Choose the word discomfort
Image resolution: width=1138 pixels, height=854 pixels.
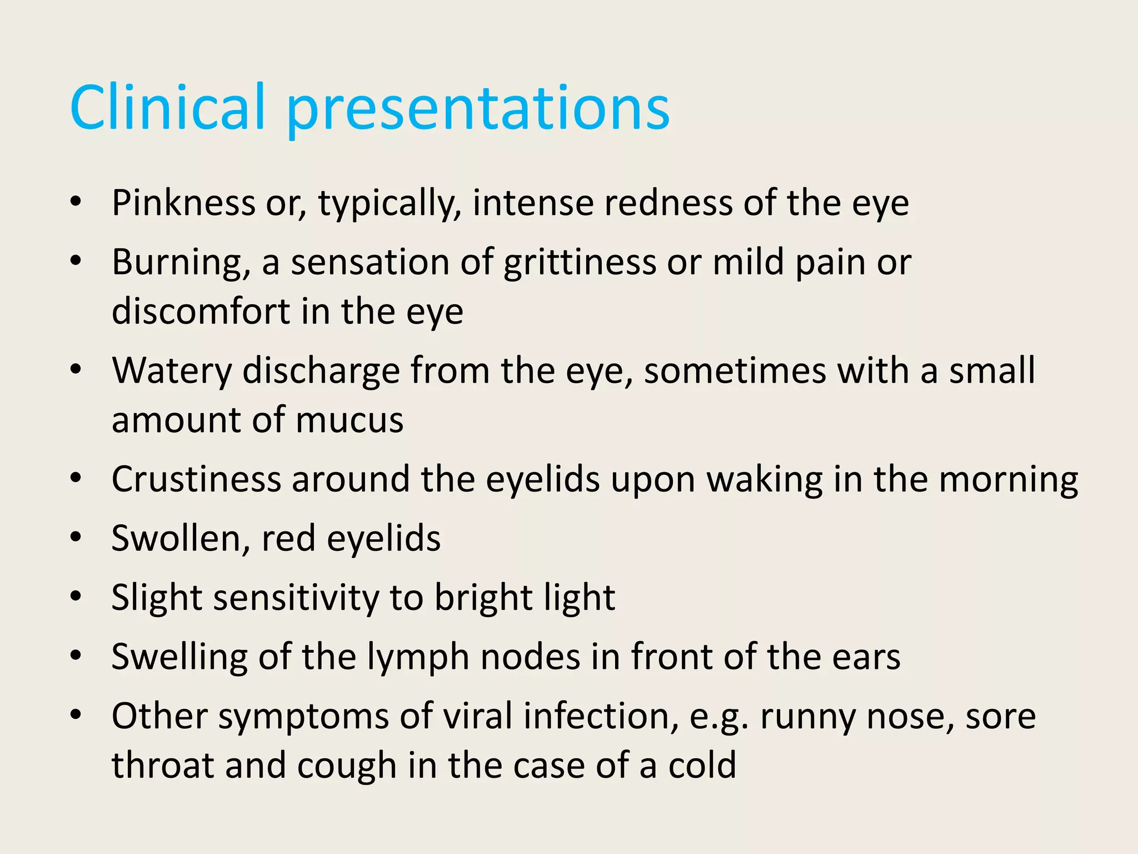(201, 311)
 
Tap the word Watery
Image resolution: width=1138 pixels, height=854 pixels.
(172, 371)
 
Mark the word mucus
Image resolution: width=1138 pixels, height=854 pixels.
(350, 420)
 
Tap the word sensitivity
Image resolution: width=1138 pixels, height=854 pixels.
(295, 598)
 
